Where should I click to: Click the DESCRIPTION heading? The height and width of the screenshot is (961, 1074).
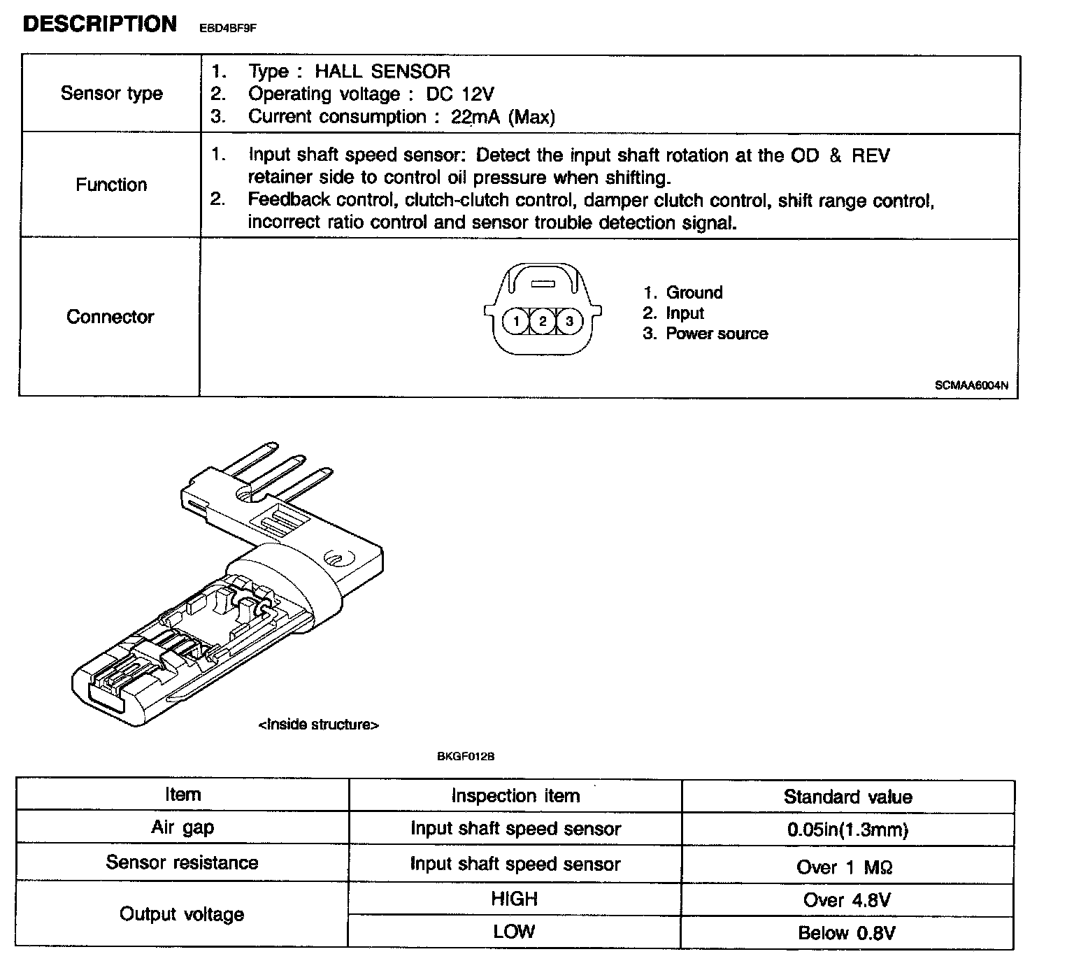pyautogui.click(x=100, y=24)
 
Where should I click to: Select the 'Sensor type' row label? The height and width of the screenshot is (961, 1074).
pyautogui.click(x=112, y=93)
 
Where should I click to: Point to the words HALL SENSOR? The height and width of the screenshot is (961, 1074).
pyautogui.click(x=382, y=71)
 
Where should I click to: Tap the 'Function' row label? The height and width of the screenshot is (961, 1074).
pyautogui.click(x=112, y=185)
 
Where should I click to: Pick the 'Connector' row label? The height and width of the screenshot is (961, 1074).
pyautogui.click(x=110, y=317)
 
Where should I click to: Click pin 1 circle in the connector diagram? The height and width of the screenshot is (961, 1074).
pyautogui.click(x=516, y=321)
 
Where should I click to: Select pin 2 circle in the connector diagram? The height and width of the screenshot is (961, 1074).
pyautogui.click(x=543, y=321)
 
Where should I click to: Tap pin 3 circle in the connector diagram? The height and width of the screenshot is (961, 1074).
pyautogui.click(x=569, y=321)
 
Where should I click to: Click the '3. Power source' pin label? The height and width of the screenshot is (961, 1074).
pyautogui.click(x=706, y=334)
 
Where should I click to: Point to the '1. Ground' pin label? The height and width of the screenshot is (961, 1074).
pyautogui.click(x=683, y=292)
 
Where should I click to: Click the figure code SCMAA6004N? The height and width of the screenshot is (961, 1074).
pyautogui.click(x=971, y=385)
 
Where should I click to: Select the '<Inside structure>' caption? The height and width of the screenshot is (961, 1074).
pyautogui.click(x=319, y=725)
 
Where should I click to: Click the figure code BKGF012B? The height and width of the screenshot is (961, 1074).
pyautogui.click(x=466, y=756)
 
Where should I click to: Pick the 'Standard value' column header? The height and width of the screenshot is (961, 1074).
pyautogui.click(x=847, y=797)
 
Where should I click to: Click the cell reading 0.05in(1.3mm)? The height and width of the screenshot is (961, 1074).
pyautogui.click(x=847, y=830)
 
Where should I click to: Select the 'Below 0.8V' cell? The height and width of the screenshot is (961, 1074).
pyautogui.click(x=847, y=932)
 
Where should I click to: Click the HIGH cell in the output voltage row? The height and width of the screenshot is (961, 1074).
pyautogui.click(x=515, y=898)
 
